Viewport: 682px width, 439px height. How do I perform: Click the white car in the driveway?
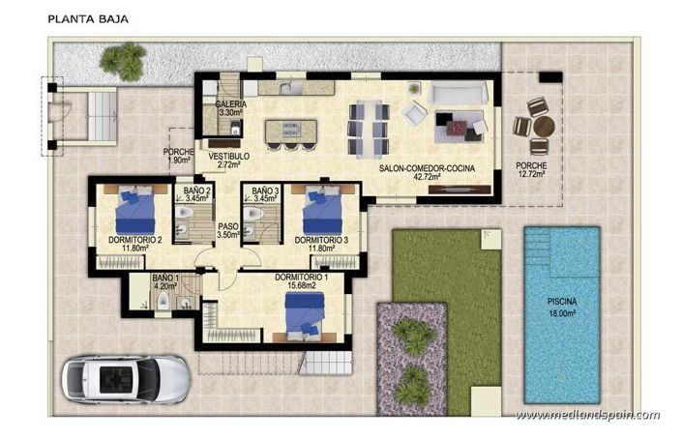(125, 377)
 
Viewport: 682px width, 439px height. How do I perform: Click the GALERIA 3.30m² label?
(230, 108)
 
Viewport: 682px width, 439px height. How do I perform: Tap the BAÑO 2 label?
(196, 194)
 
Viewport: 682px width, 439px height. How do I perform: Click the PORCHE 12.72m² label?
(531, 170)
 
